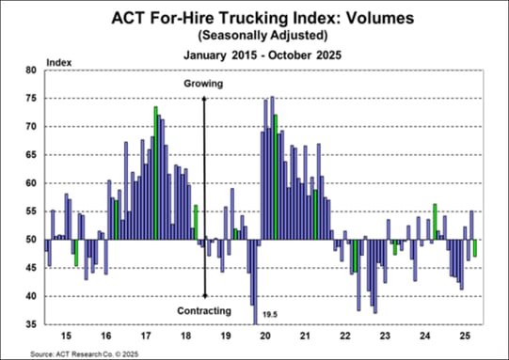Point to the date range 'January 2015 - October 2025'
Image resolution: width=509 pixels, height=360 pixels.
click(x=254, y=54)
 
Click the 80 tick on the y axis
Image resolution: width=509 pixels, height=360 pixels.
click(x=30, y=70)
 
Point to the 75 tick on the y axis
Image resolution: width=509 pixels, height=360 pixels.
click(x=30, y=99)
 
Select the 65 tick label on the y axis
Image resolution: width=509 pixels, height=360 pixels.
click(x=30, y=155)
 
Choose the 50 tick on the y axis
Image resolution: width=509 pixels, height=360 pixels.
click(x=30, y=240)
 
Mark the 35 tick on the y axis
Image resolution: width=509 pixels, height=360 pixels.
click(x=30, y=324)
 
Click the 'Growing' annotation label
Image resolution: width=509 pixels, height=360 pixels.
click(x=204, y=84)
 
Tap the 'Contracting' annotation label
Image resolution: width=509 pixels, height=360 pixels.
click(x=204, y=311)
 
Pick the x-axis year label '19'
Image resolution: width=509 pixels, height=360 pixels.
click(x=225, y=336)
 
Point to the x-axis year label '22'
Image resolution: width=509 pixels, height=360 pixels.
click(x=345, y=336)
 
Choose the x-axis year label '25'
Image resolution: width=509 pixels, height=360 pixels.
click(x=466, y=336)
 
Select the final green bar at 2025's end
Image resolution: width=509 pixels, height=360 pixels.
click(x=475, y=248)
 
